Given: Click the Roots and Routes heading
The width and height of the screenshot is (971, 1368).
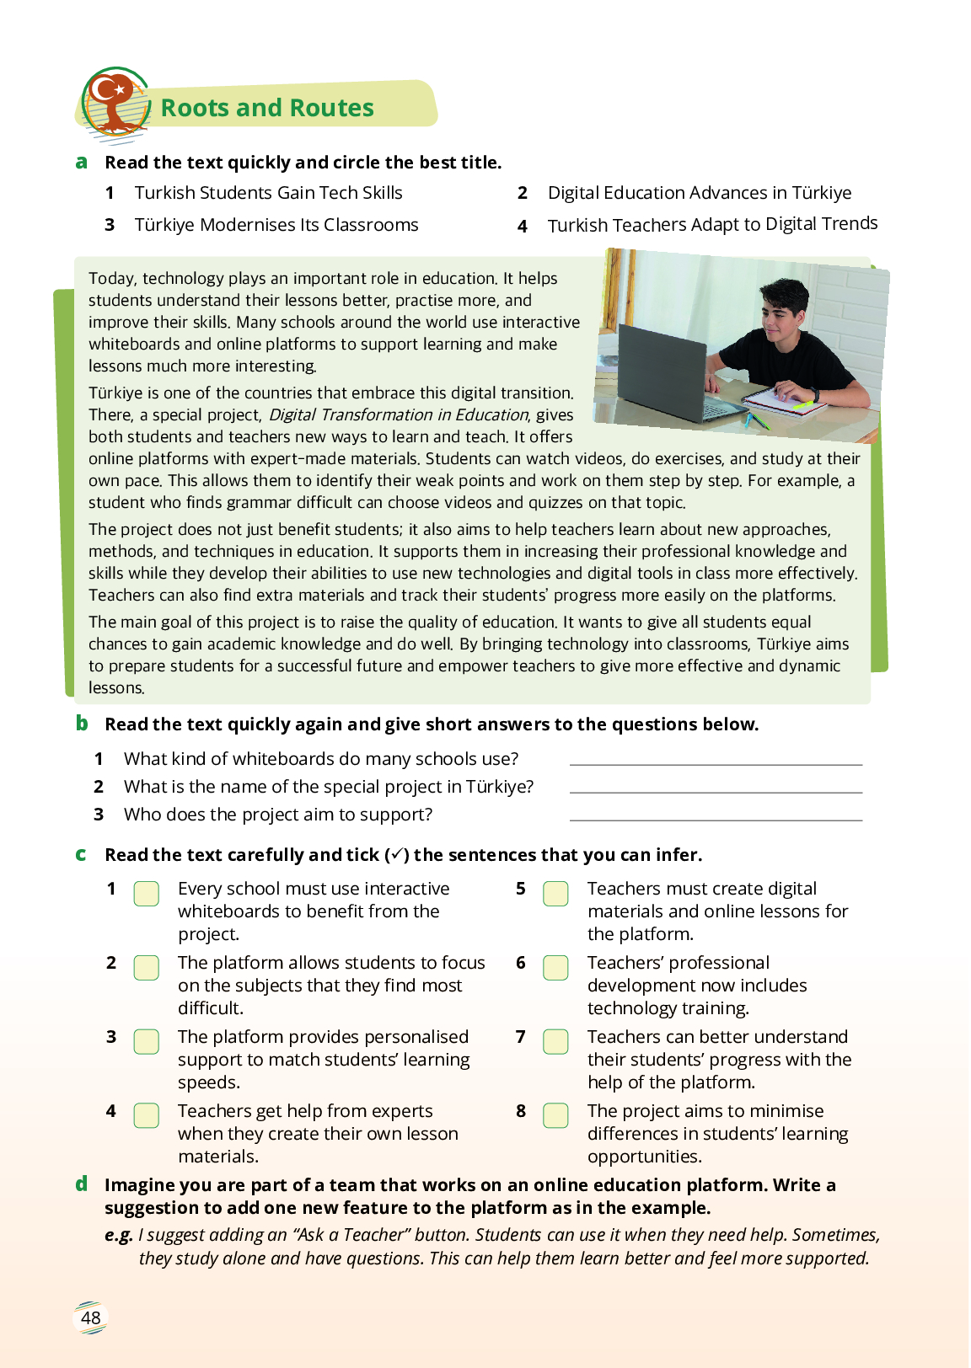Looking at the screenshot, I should pyautogui.click(x=267, y=108).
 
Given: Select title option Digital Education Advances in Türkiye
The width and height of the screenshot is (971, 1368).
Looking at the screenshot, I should pyautogui.click(x=699, y=193).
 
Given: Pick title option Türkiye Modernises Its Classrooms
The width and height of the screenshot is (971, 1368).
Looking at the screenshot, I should pyautogui.click(x=276, y=225).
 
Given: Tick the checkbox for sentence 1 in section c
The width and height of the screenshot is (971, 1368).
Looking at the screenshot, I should pyautogui.click(x=147, y=894).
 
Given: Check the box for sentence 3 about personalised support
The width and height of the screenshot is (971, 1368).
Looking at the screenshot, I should pyautogui.click(x=147, y=1042).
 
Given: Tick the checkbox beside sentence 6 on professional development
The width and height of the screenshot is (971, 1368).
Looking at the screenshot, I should pyautogui.click(x=555, y=968).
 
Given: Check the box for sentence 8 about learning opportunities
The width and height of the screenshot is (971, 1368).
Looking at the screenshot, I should pyautogui.click(x=555, y=1115).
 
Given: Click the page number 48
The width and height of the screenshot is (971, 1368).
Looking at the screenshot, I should pyautogui.click(x=91, y=1318).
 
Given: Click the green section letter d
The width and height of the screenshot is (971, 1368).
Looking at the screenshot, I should pyautogui.click(x=82, y=1184).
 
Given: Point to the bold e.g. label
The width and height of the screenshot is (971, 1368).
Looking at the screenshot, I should pyautogui.click(x=119, y=1235).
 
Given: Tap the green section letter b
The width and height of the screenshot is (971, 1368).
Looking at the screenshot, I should pyautogui.click(x=82, y=723).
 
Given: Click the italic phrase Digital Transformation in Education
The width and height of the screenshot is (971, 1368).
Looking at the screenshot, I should pyautogui.click(x=399, y=414).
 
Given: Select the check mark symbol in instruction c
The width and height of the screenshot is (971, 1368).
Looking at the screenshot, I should pyautogui.click(x=397, y=854).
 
